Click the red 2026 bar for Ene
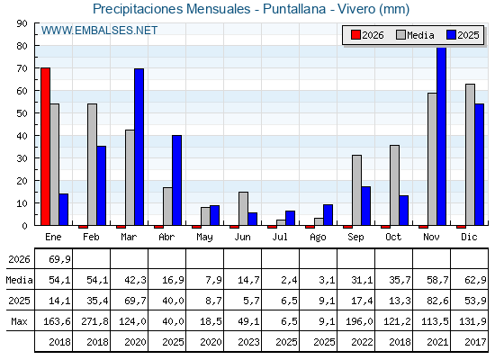(x=45, y=147)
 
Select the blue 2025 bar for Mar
(x=139, y=147)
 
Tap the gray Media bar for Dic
(x=470, y=155)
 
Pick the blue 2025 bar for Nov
(x=442, y=136)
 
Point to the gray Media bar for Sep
(x=356, y=190)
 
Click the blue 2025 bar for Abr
(x=176, y=180)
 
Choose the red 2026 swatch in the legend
(x=355, y=35)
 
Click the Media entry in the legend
(x=415, y=35)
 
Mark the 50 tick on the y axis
(x=36, y=113)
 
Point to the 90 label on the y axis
(x=22, y=23)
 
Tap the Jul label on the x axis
(x=280, y=237)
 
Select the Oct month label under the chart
(x=393, y=237)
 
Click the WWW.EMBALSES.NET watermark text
(x=99, y=31)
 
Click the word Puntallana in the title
(x=294, y=9)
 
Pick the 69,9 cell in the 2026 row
(x=59, y=259)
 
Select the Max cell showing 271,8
(x=94, y=321)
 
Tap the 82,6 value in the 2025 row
(x=437, y=301)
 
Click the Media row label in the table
(x=19, y=280)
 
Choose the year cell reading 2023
(x=248, y=342)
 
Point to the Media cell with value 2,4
(x=289, y=280)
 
